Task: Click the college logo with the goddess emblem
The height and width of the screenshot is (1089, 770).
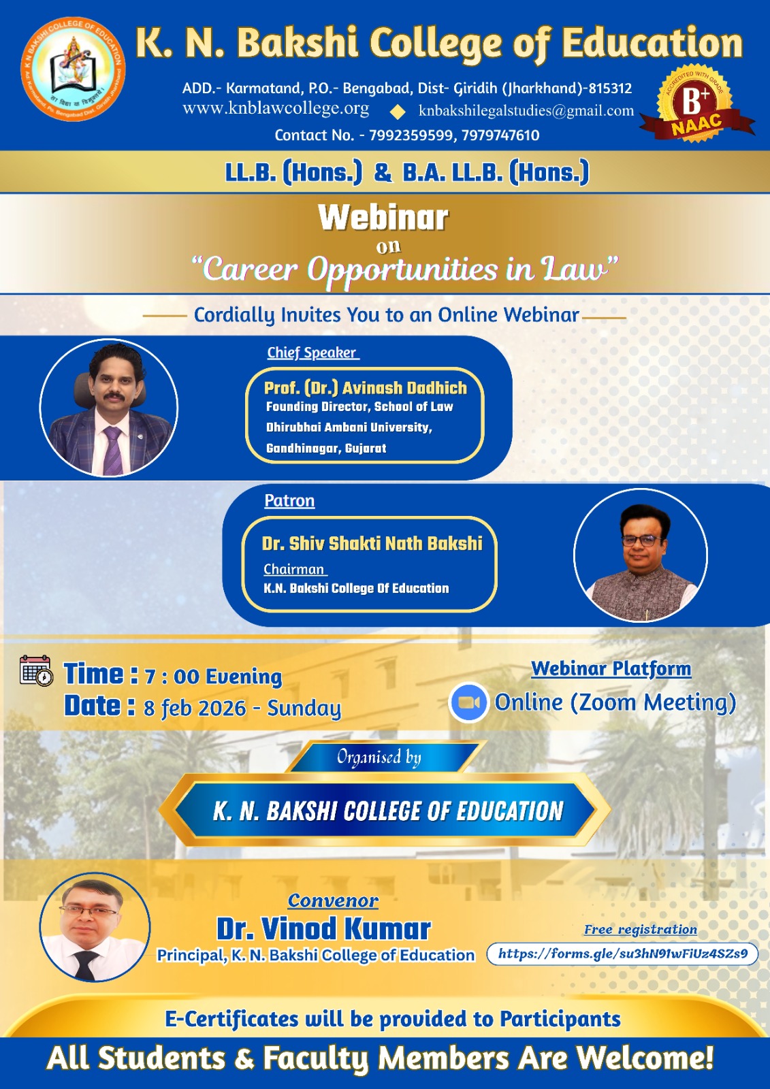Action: click(73, 69)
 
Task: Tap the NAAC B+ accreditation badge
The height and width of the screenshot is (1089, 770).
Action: click(696, 104)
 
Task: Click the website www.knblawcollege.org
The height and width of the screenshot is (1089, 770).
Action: click(276, 108)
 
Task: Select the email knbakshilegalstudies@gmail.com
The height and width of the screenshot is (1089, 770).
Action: click(526, 111)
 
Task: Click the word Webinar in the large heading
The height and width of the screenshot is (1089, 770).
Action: click(383, 217)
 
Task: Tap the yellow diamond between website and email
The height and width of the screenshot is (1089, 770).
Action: click(398, 112)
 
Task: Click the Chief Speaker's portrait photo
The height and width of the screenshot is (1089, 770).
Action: click(109, 408)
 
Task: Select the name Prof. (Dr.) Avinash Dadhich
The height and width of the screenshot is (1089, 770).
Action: click(366, 388)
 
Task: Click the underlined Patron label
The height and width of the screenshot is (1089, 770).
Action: click(289, 500)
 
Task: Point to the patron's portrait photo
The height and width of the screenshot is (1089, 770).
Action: click(641, 555)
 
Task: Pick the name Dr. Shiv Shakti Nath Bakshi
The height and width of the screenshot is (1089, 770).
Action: click(372, 543)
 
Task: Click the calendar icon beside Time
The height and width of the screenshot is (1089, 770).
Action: click(36, 671)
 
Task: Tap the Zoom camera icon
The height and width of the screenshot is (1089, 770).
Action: click(468, 702)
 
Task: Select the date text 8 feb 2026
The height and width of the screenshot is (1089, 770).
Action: click(195, 709)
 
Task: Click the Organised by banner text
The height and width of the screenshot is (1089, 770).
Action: click(379, 757)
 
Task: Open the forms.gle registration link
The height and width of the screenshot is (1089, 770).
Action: click(623, 953)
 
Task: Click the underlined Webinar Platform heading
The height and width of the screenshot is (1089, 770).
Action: click(611, 668)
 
